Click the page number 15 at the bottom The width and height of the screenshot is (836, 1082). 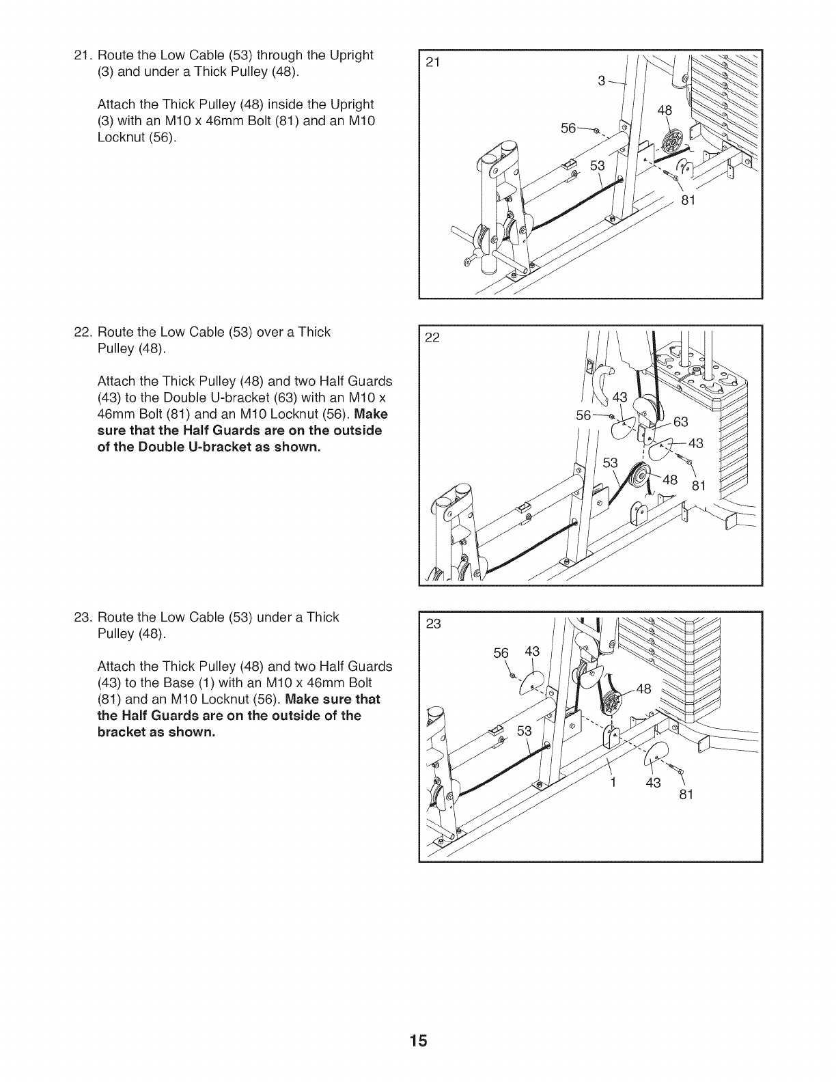click(x=419, y=1040)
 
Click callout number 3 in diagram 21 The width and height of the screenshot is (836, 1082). click(x=602, y=81)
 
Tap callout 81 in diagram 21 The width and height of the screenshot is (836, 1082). click(x=688, y=199)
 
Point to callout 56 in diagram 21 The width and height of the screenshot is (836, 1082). click(x=568, y=128)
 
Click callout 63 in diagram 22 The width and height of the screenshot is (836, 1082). click(x=680, y=421)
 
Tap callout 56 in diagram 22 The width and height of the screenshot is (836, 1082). click(x=585, y=415)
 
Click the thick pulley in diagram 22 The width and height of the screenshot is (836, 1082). click(x=640, y=477)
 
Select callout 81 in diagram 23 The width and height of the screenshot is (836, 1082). click(x=686, y=795)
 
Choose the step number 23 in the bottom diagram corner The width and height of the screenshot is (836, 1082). click(x=433, y=623)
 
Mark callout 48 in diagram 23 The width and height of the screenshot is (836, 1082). click(x=644, y=688)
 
